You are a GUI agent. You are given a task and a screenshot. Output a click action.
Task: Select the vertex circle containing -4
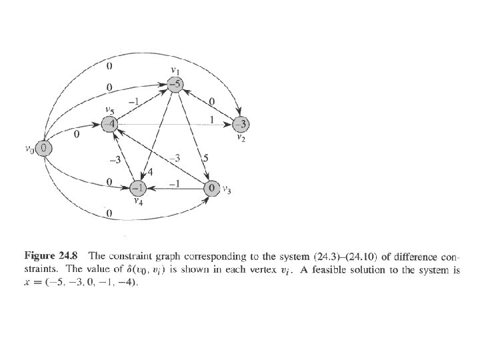click(x=110, y=124)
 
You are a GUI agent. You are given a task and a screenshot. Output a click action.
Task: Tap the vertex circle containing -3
click(x=241, y=124)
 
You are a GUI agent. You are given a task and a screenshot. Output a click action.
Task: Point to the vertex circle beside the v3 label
click(x=211, y=188)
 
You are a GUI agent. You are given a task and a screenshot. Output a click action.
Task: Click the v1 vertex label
click(x=175, y=71)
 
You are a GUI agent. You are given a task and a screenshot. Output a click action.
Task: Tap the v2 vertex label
click(x=242, y=139)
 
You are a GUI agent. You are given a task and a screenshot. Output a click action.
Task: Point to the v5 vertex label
click(x=110, y=110)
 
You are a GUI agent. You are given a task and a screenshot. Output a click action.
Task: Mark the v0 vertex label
click(x=29, y=150)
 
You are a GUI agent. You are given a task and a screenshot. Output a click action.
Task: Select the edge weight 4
click(x=150, y=173)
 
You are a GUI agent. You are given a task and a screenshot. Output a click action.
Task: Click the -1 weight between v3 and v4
click(x=175, y=182)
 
